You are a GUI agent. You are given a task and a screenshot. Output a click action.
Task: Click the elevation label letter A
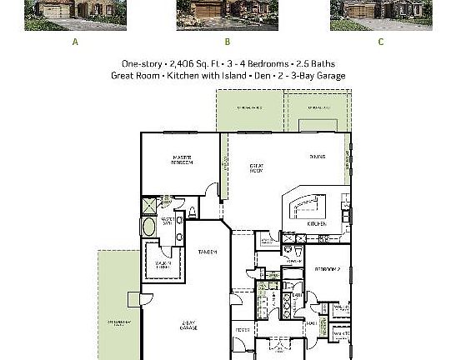[x=75, y=42]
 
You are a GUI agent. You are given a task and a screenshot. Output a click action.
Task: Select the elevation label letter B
[x=227, y=42]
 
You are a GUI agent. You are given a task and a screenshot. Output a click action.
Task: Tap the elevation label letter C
[x=381, y=42]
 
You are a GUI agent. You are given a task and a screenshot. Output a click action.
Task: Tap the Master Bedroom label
[x=183, y=160]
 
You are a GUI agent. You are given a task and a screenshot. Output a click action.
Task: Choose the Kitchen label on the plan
[x=316, y=223]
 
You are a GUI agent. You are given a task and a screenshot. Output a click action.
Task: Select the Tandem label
[x=208, y=252]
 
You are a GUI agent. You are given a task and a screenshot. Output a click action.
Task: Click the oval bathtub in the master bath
[x=150, y=227]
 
